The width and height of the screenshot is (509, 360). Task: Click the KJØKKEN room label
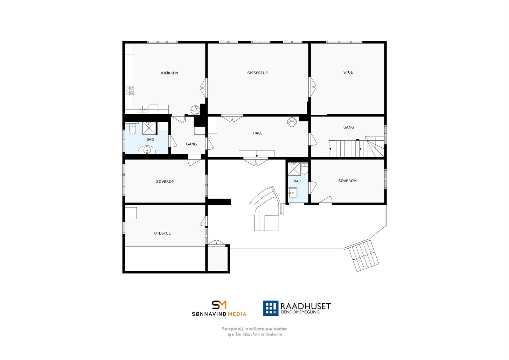point(169,73)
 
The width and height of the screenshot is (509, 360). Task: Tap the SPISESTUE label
point(257,73)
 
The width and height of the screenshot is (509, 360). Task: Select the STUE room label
point(348,72)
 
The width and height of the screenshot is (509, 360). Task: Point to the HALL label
point(257,133)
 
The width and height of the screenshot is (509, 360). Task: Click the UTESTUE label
point(162,233)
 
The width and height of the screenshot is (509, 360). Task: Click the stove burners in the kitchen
point(129,90)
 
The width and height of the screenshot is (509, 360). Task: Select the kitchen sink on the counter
point(143,109)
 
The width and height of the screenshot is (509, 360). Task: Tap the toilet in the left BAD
point(133,129)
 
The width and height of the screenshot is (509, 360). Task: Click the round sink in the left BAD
point(147,150)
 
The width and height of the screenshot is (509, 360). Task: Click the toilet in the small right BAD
point(304,169)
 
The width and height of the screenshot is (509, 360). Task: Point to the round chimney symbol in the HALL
point(291,122)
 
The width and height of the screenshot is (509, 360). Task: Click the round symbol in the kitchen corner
point(195,110)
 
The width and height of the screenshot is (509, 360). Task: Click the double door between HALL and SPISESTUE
point(232,118)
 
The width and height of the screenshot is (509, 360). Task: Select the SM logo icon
point(219,305)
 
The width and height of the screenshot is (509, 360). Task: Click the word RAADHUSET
point(305,306)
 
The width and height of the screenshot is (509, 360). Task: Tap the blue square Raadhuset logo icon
point(270,308)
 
